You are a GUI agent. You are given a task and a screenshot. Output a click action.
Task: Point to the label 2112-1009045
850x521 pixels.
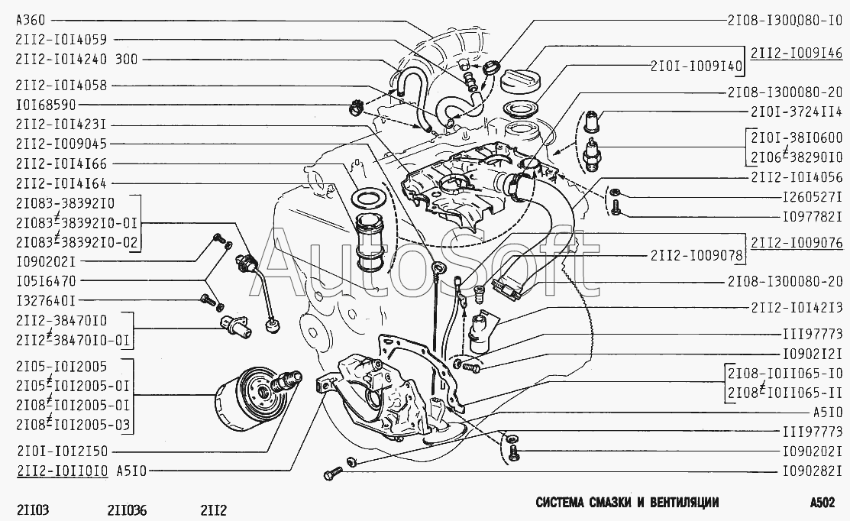[x=61, y=144]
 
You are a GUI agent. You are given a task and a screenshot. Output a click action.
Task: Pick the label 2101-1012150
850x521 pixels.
[x=61, y=451]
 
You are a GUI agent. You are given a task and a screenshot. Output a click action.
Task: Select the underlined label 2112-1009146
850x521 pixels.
[x=797, y=53]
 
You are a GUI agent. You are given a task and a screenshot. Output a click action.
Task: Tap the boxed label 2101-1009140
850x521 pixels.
[x=696, y=66]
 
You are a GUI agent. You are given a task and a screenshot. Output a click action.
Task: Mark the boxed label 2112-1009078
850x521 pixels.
[x=696, y=255]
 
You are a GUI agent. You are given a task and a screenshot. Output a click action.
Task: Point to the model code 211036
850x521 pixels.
[x=127, y=509]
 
